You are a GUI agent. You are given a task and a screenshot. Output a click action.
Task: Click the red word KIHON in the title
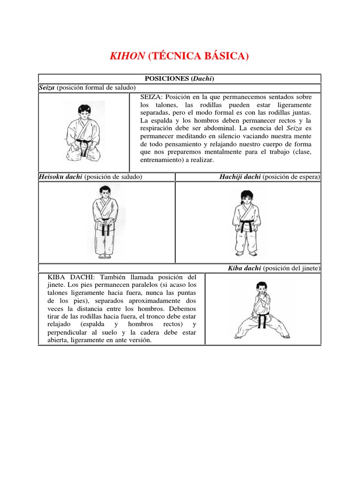pos(127,56)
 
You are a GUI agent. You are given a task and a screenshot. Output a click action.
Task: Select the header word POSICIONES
pos(167,78)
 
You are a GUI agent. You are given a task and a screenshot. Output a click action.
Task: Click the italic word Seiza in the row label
pos(46,88)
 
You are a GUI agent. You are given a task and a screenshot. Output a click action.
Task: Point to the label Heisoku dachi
pos(60,177)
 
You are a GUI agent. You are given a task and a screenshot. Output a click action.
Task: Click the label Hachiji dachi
pos(240,177)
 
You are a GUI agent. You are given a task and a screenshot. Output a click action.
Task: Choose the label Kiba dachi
pos(244,268)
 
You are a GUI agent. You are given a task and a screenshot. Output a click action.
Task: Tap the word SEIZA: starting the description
pos(151,97)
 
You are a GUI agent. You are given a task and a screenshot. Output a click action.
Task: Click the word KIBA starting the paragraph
pos(56,277)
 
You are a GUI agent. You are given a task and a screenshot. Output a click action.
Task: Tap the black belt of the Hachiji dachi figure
pos(247,225)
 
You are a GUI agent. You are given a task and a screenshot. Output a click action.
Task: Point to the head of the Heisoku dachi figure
pos(105,191)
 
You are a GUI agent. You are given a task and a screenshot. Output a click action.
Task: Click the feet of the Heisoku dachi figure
pos(105,256)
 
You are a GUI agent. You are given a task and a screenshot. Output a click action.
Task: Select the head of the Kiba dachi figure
pos(261,287)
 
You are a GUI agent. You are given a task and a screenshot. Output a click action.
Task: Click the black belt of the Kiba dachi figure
pos(262,320)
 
